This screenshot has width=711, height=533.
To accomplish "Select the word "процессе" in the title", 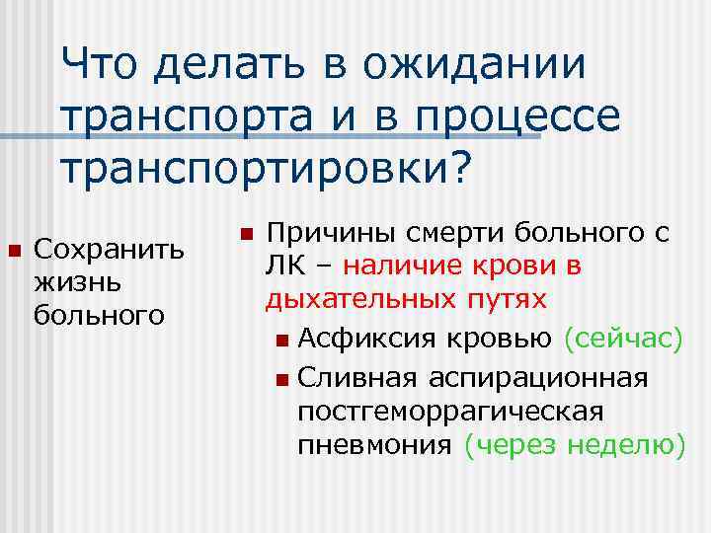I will [x=525, y=117].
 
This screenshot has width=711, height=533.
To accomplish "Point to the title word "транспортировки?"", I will [x=267, y=168].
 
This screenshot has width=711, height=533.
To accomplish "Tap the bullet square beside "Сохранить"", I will [x=14, y=247].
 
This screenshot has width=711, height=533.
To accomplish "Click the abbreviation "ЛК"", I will [x=283, y=267].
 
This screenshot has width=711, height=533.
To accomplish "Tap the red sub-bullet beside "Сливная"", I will [x=283, y=378].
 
